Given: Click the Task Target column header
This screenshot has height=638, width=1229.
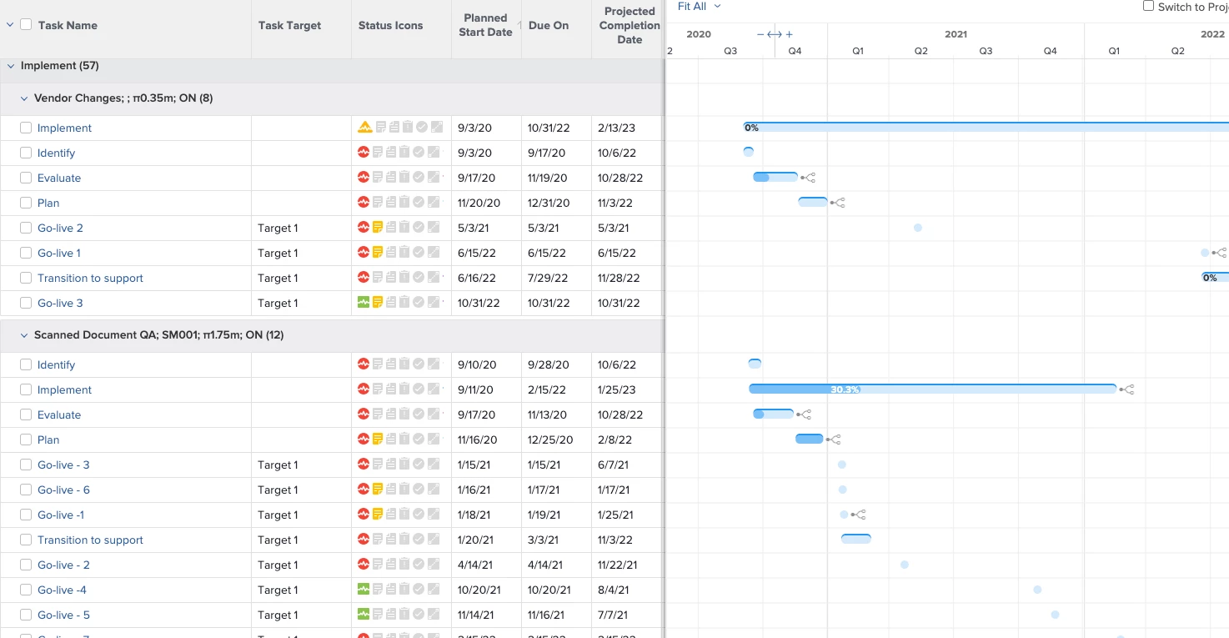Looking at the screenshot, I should point(289,26).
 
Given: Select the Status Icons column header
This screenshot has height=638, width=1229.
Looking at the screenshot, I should point(390,26).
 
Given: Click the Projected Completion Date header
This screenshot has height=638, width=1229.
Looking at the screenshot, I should point(630,25).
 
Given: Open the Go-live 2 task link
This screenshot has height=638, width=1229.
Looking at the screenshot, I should point(60,228).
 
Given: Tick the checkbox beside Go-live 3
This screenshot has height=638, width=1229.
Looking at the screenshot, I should point(26,303).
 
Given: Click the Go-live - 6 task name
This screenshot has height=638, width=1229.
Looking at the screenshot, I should point(63,490).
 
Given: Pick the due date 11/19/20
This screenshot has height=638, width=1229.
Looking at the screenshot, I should point(547,178).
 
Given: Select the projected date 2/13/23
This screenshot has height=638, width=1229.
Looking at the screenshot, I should point(616,128).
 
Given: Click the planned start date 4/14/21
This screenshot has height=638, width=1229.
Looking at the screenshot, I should point(476,565).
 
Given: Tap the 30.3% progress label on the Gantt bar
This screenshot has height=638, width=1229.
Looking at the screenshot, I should point(845,389).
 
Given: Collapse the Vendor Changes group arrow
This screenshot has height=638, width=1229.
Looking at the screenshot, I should point(24,98).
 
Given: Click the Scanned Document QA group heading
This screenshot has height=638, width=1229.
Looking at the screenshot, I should point(158,335).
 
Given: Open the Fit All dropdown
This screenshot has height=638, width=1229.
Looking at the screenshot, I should point(699,7).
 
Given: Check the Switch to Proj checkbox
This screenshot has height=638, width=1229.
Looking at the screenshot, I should point(1149,6).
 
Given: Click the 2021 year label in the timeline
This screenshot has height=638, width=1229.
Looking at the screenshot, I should point(956,34).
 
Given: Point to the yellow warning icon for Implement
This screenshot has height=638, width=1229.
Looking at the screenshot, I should point(364,128).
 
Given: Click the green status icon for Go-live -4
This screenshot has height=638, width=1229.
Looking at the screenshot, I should point(364,590).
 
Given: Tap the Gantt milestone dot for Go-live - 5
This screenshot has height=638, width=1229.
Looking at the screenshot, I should point(1055,615).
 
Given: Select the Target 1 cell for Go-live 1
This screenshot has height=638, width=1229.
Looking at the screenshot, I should point(278,253).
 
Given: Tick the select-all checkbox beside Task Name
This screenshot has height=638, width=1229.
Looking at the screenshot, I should point(26,25).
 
